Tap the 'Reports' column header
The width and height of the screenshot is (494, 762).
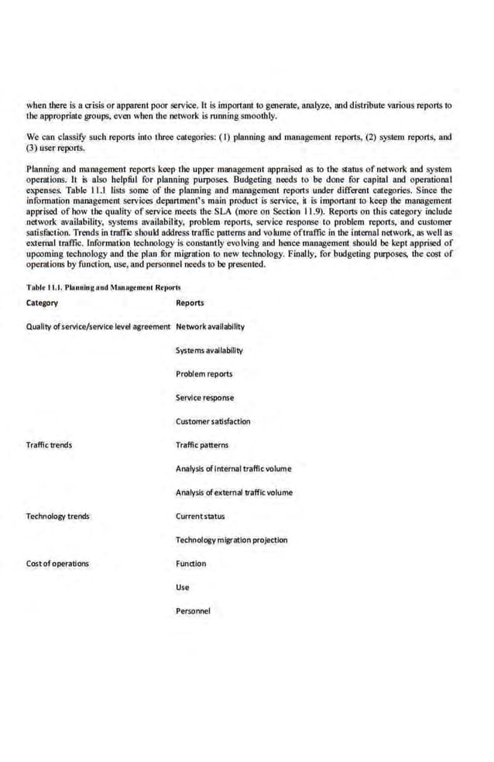[x=190, y=303]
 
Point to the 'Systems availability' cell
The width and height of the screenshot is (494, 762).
[x=209, y=350]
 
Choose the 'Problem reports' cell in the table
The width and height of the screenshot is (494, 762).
[x=204, y=374]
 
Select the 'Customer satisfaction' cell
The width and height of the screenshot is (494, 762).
[x=213, y=421]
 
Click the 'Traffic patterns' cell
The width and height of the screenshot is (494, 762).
[x=202, y=445]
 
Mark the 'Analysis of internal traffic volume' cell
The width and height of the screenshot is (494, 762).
[x=233, y=469]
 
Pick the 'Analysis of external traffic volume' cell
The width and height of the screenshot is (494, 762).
[x=234, y=493]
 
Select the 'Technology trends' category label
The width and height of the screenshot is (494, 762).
[x=57, y=516]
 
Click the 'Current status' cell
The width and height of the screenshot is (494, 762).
[x=200, y=516]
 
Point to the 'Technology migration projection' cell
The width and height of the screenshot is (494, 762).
[x=232, y=540]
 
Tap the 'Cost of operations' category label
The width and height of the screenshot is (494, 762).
[x=57, y=563]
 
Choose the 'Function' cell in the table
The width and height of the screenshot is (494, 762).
[x=191, y=563]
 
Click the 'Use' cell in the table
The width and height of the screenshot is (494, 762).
[x=183, y=587]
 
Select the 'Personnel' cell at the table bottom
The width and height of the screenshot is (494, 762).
[x=193, y=611]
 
